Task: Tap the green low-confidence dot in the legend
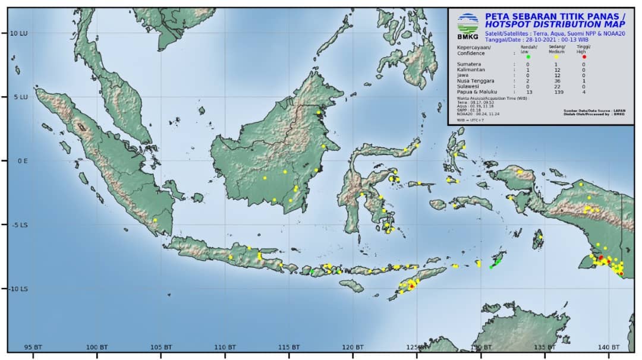528,56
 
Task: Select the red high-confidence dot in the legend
584,56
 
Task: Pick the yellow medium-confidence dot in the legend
556,56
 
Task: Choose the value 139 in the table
556,92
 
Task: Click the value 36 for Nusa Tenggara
556,81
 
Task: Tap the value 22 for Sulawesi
556,87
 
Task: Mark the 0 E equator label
21,160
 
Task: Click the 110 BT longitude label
225,347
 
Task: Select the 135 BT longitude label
545,347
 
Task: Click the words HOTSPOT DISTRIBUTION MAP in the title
555,24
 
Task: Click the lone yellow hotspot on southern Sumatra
155,220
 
